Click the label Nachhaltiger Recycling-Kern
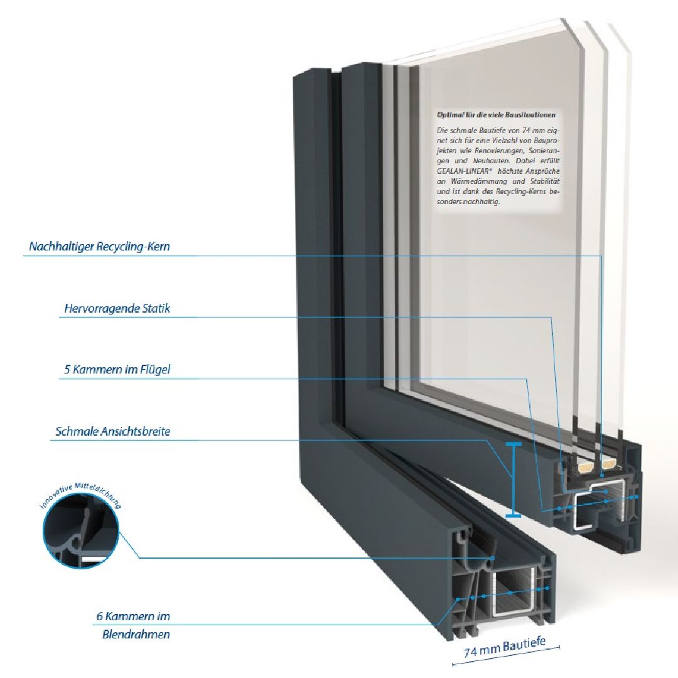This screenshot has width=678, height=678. (99, 247)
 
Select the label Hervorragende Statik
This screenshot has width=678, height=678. (117, 309)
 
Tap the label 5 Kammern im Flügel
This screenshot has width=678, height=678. (117, 370)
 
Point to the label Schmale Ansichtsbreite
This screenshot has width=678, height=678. (113, 432)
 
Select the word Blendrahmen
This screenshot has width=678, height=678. (136, 634)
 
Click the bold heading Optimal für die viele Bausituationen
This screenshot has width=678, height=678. (496, 115)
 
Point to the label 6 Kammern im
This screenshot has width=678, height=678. (133, 616)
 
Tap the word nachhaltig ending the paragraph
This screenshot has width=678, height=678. (482, 201)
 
